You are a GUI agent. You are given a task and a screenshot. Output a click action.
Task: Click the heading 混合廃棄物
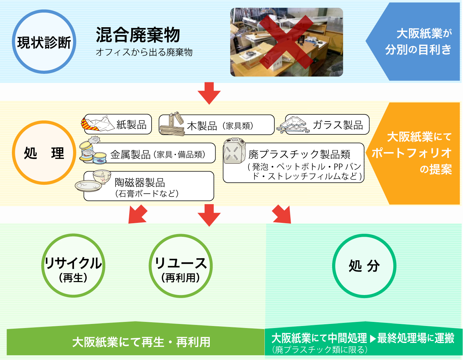pos(138,35)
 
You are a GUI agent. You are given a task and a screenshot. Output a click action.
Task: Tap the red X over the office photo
pos(286,42)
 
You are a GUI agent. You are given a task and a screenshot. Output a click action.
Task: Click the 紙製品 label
pos(132,125)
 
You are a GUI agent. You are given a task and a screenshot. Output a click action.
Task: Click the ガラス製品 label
pos(338,125)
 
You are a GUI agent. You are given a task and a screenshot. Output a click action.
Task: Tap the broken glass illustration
pos(293,125)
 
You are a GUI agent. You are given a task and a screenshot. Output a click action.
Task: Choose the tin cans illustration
pos(93,150)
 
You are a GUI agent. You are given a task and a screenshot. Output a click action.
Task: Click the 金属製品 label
pos(131,154)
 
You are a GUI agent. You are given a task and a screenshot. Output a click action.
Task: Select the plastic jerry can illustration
pos(234,151)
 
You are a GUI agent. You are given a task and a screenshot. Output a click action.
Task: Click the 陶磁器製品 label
pos(140,183)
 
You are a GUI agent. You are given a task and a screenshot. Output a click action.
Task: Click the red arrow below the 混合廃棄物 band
pos(209,94)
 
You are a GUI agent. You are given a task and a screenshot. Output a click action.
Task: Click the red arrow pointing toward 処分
pos(282,214)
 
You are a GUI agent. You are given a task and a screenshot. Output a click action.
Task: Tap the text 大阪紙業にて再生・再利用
pos(141,342)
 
